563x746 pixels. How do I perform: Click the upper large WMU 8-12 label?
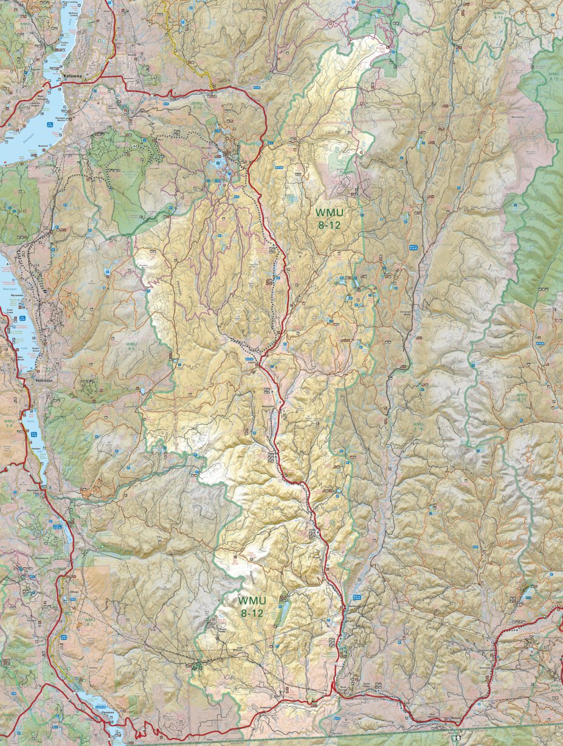[329, 218]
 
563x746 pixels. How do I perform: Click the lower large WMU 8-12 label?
[251, 606]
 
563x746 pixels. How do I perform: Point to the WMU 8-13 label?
[499, 15]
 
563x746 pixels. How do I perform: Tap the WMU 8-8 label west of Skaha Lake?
[9, 423]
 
